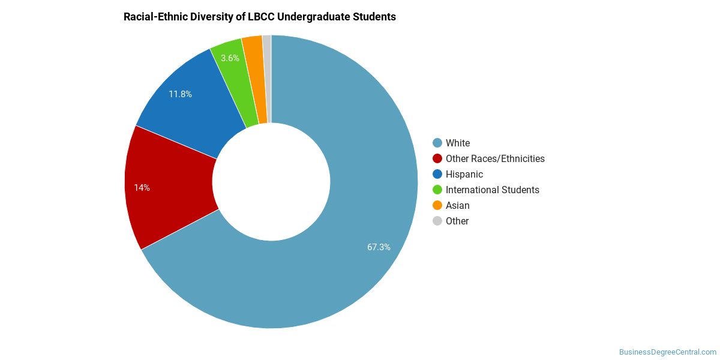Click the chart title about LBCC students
[x=260, y=17]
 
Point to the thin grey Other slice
[x=268, y=77]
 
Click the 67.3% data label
[x=379, y=247]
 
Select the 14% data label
[x=142, y=188]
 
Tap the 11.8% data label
[x=181, y=94]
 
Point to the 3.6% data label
[x=230, y=58]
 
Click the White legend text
[x=458, y=143]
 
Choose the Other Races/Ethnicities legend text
[x=495, y=159]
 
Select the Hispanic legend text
[x=464, y=174]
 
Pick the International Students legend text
[x=493, y=190]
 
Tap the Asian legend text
[x=457, y=205]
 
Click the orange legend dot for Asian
[x=437, y=205]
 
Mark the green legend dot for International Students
[x=437, y=190]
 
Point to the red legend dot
[x=437, y=159]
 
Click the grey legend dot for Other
[x=437, y=221]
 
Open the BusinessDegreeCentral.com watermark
[x=668, y=352]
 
